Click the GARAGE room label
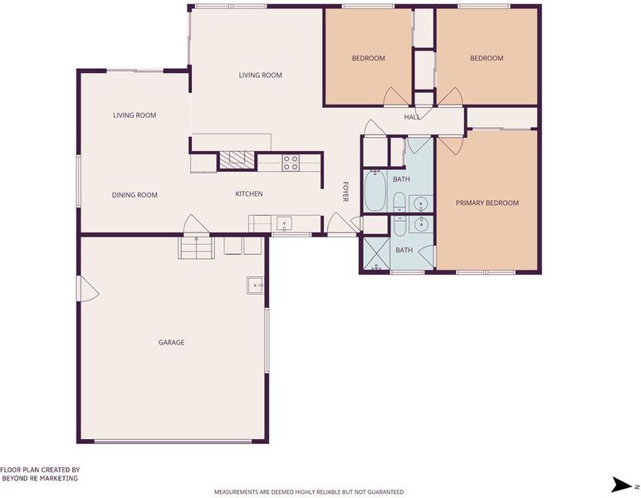pyautogui.click(x=171, y=342)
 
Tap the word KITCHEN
pyautogui.click(x=249, y=193)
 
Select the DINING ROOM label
pyautogui.click(x=135, y=195)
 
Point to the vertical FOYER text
pyautogui.click(x=345, y=192)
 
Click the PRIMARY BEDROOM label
pyautogui.click(x=487, y=203)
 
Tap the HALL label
pyautogui.click(x=412, y=117)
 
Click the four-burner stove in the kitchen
pyautogui.click(x=291, y=163)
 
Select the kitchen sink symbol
pyautogui.click(x=284, y=224)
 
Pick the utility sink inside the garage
pyautogui.click(x=255, y=286)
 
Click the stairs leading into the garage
pyautogui.click(x=196, y=248)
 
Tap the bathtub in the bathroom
pyautogui.click(x=374, y=191)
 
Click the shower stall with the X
pyautogui.click(x=374, y=254)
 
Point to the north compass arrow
pyautogui.click(x=622, y=485)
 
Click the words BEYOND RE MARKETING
pyautogui.click(x=40, y=478)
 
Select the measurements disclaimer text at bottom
pyautogui.click(x=309, y=492)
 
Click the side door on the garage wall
pyautogui.click(x=87, y=288)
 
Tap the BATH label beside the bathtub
pyautogui.click(x=401, y=179)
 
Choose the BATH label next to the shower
pyautogui.click(x=404, y=250)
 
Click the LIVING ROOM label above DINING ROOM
pyautogui.click(x=135, y=115)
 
